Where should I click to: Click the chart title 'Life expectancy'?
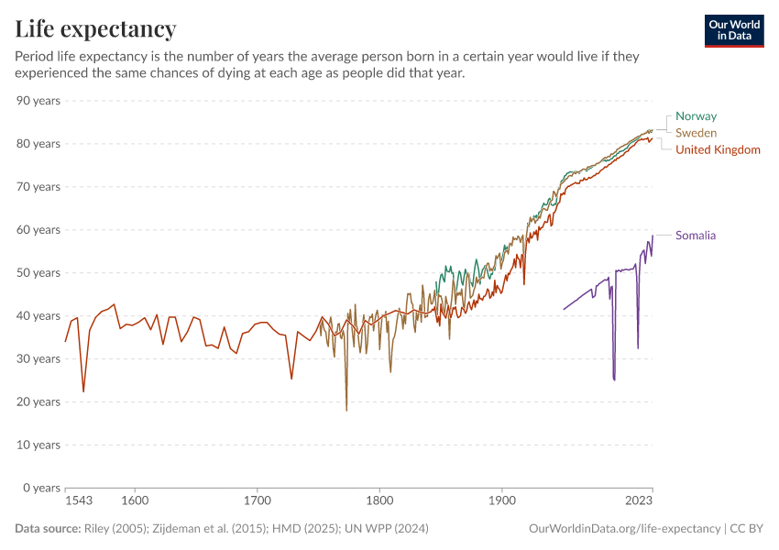(95, 28)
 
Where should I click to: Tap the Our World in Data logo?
(734, 30)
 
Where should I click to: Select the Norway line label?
(696, 116)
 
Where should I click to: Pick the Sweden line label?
(696, 133)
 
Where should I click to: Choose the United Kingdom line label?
(718, 149)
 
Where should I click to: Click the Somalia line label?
(696, 236)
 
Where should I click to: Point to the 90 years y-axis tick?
(38, 100)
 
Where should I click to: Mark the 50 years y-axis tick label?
(38, 272)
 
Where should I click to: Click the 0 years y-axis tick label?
(41, 488)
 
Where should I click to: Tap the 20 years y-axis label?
(38, 401)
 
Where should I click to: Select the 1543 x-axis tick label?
(79, 501)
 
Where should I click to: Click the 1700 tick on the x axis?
(258, 501)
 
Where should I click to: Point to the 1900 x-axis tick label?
(501, 501)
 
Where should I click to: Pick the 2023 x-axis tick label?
(639, 501)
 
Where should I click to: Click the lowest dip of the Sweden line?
(346, 410)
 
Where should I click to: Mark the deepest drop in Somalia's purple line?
(614, 379)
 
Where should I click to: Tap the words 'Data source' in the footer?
(47, 529)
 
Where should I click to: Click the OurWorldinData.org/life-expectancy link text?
(624, 529)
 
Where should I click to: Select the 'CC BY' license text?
(748, 529)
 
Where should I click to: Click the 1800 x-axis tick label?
(379, 501)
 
